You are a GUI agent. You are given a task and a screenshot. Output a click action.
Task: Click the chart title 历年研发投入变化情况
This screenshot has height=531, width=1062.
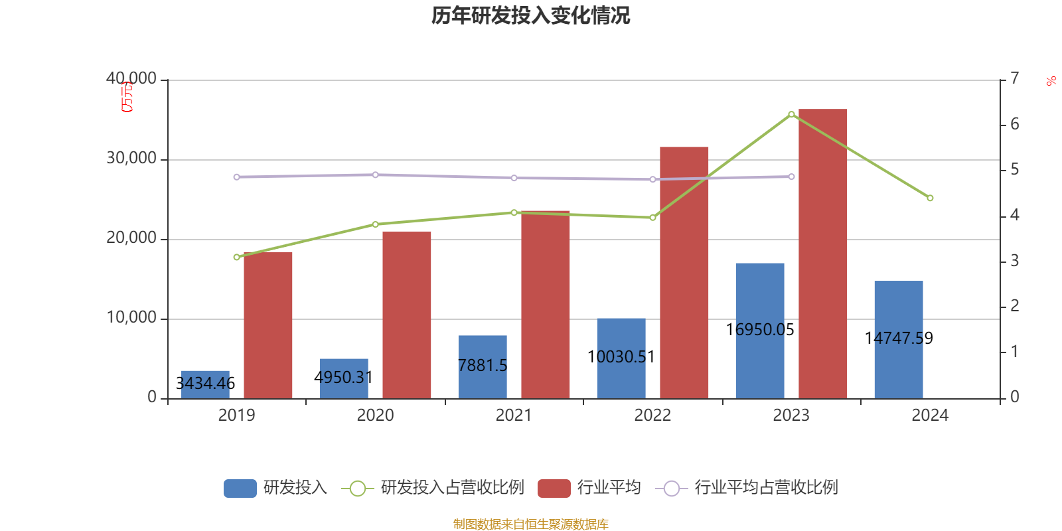tap(530, 15)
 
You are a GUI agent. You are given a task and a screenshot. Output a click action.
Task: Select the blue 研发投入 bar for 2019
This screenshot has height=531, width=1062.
tap(205, 385)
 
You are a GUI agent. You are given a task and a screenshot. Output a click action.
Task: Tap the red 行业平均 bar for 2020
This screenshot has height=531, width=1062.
tap(406, 315)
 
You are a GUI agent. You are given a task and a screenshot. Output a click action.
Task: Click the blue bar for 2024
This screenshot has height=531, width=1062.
tap(898, 339)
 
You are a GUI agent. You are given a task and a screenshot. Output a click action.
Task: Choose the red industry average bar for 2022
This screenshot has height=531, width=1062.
tap(684, 272)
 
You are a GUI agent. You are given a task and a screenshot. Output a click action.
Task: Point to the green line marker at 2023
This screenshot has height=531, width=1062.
tap(791, 114)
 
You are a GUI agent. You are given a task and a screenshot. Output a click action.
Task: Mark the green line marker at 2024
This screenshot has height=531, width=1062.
tap(930, 198)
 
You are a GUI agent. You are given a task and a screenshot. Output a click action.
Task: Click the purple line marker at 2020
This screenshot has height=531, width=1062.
tap(375, 175)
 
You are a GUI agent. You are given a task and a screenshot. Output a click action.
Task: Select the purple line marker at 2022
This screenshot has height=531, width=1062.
tap(652, 179)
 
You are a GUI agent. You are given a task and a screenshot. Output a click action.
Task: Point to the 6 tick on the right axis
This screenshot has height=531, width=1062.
tap(1014, 124)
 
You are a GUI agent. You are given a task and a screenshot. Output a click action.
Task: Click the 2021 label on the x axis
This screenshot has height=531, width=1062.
tap(514, 416)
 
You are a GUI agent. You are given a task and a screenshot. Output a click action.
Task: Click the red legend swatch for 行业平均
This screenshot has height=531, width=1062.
tap(554, 489)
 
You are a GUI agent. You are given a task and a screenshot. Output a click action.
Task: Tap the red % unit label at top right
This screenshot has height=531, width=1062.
tap(1051, 81)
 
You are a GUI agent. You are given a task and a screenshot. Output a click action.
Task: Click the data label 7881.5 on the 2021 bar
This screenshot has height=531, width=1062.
tap(483, 366)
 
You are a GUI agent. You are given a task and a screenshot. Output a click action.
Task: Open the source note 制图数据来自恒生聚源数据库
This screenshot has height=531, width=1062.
tap(530, 524)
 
